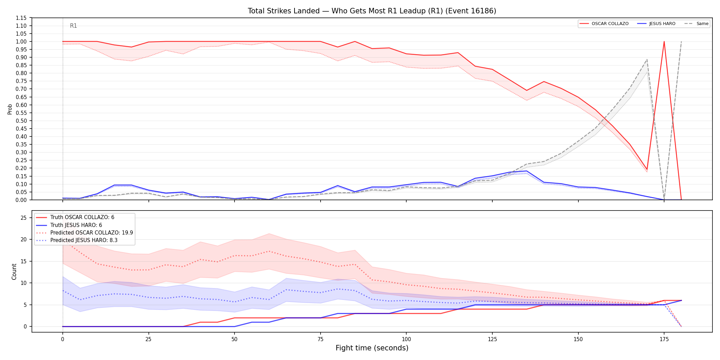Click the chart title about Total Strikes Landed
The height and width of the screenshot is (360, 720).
pos(372,11)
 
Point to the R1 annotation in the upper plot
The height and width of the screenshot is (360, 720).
pos(73,26)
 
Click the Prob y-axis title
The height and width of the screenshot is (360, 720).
pos(10,109)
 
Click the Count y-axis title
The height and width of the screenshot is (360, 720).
pos(14,272)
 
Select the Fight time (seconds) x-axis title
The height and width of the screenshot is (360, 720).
pos(372,348)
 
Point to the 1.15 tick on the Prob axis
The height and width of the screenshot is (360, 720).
pos(21,18)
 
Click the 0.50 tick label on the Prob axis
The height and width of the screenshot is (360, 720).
pos(21,121)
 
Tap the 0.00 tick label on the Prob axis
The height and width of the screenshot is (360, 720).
pos(21,200)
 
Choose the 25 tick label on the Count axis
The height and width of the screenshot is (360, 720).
pos(23,218)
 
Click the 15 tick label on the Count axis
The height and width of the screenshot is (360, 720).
pos(23,261)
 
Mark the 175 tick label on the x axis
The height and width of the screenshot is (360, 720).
pos(664,339)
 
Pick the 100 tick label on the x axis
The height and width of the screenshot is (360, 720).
pos(406,339)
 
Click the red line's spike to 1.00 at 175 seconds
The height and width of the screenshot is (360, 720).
pos(664,41)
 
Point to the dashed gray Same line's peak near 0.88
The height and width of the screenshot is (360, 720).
pos(647,60)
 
